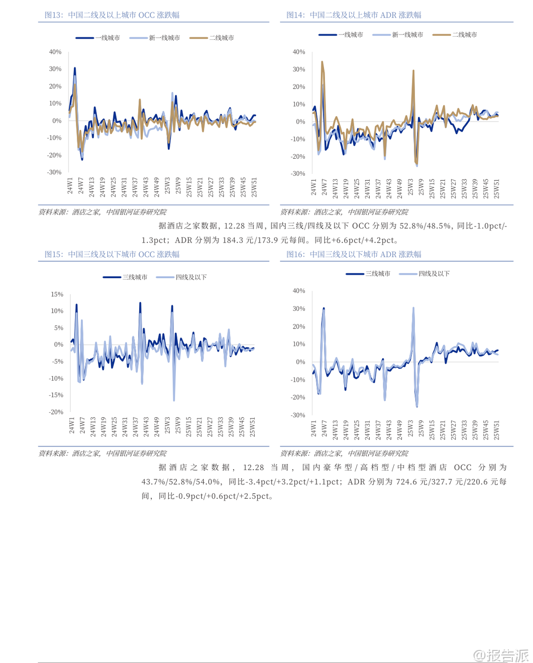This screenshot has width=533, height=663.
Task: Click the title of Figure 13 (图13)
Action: click(112, 15)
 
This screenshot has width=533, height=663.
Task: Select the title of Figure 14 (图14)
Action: click(354, 15)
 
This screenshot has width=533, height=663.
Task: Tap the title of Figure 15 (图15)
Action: click(112, 254)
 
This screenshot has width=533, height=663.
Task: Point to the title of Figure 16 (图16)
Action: click(354, 254)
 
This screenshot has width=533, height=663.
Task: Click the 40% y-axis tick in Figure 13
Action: click(55, 52)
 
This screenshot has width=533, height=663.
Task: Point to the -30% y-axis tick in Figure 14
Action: click(298, 173)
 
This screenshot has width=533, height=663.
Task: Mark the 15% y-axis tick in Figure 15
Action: click(57, 294)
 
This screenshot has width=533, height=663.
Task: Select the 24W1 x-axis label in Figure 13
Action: click(70, 186)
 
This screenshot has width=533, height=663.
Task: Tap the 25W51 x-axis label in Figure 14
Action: click(496, 189)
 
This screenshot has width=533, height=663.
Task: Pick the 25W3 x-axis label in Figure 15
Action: click(167, 425)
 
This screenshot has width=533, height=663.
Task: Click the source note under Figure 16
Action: click(344, 453)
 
